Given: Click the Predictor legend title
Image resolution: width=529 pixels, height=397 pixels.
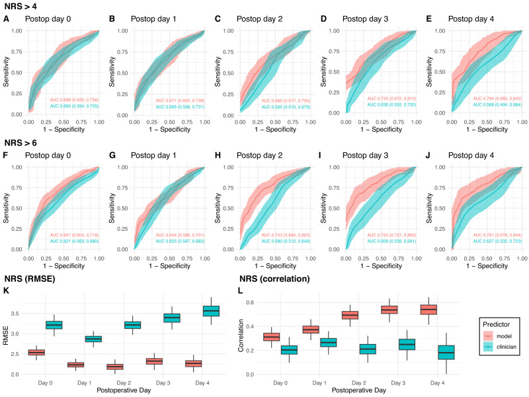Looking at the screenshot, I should [499, 324].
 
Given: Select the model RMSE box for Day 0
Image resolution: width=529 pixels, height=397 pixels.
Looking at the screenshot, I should [36, 353].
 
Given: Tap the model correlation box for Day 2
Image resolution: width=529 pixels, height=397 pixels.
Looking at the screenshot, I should [350, 315].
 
